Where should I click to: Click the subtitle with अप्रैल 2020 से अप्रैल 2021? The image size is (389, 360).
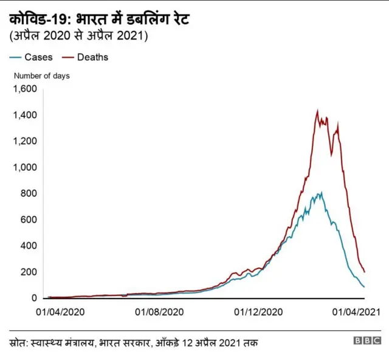(79, 36)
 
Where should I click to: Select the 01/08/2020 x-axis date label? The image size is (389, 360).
(159, 311)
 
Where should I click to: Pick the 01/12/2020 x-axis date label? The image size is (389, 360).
(258, 311)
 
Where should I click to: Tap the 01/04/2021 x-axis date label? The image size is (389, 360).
(356, 311)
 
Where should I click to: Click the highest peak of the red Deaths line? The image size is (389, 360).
(317, 111)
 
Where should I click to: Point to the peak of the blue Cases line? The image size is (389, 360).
(321, 193)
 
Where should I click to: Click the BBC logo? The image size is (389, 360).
(367, 341)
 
